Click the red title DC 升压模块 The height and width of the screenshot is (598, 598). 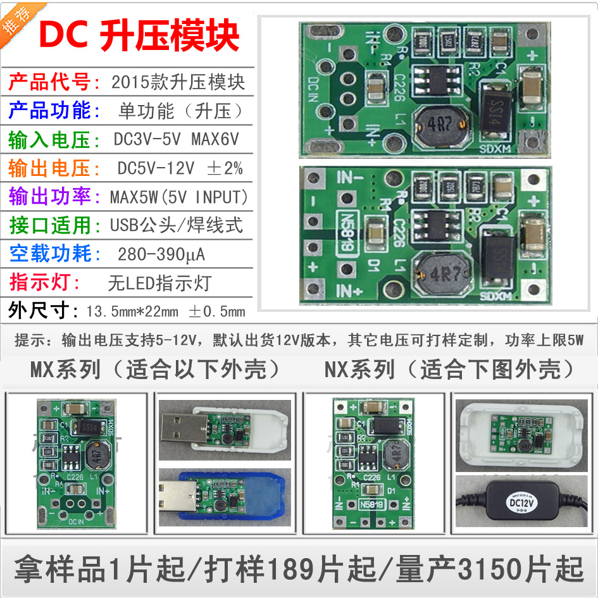pos(139,36)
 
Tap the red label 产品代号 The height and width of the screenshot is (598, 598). pos(53,82)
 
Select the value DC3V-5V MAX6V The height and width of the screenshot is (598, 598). pos(181,140)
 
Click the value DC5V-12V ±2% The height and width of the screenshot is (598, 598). pos(180,168)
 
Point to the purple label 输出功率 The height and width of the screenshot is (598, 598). pos(53,197)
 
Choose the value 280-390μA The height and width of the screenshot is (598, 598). pos(161,254)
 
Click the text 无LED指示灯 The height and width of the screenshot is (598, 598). pos(159,283)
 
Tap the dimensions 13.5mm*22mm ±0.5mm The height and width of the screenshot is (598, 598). pos(166,311)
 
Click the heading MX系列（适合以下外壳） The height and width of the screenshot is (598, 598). pos(155,370)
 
